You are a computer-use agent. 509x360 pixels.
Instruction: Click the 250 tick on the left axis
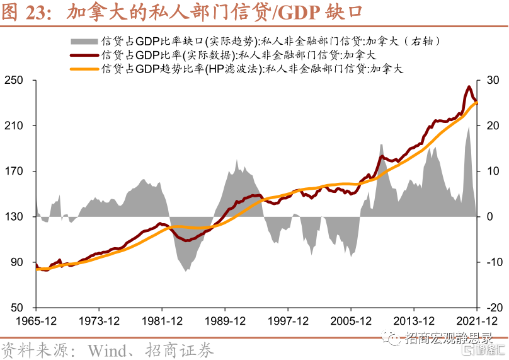pos(14,80)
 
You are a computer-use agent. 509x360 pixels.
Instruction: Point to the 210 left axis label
pos(14,125)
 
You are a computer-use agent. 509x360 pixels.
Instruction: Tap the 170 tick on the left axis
pos(14,171)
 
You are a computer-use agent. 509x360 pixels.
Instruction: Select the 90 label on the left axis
pos(17,262)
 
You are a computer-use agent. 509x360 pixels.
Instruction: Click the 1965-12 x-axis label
pos(36,320)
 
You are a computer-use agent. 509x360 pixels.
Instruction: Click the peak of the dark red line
pos(469,86)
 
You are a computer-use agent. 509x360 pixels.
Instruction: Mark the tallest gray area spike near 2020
pos(469,127)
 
